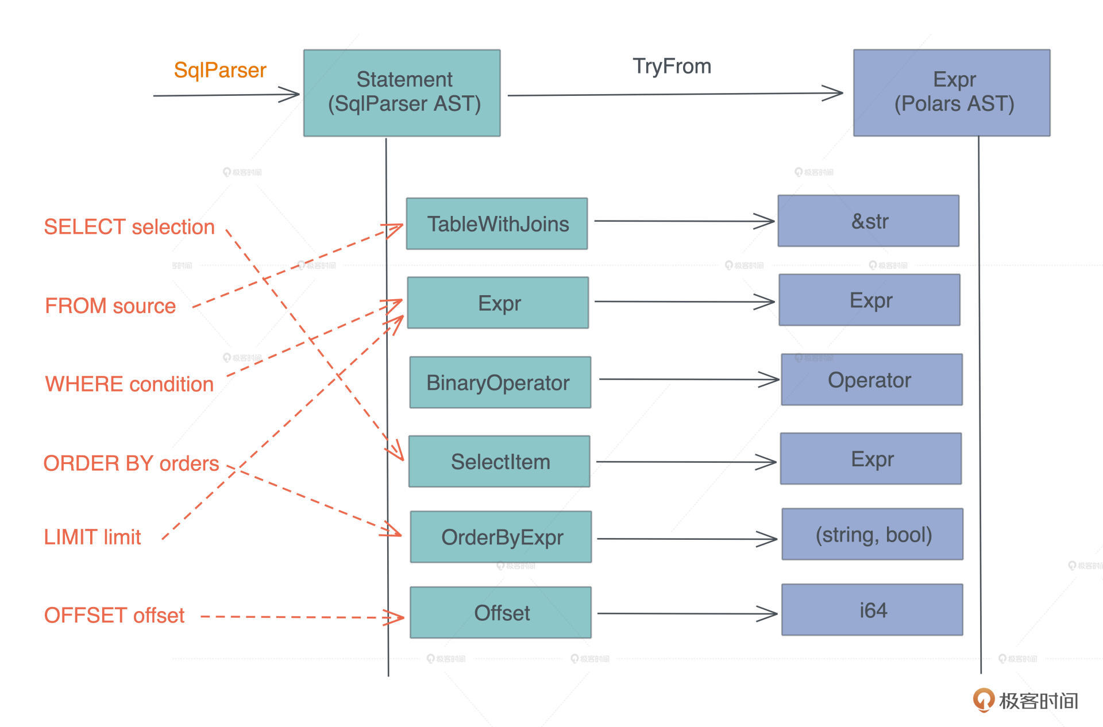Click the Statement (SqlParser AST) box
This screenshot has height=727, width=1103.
coord(402,92)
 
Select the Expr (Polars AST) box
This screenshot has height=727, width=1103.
coord(951,92)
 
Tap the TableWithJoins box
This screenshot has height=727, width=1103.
coord(497,223)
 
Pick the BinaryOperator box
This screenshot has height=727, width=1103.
coord(500,382)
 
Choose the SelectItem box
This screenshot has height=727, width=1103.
coord(499,461)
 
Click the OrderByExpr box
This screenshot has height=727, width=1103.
coord(501,537)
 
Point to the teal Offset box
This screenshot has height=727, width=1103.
coord(500,612)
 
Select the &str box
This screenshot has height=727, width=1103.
coord(868,221)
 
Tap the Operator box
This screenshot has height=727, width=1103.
coord(871,380)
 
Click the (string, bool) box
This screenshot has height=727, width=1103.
coord(872,534)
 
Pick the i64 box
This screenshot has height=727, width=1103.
coord(872,609)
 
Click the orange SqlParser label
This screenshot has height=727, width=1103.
coord(220,70)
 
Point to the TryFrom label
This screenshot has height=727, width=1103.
coord(672,66)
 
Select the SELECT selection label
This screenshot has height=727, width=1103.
coord(129,227)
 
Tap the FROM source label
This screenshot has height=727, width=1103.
coord(110,306)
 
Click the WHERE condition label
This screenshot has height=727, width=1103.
coord(129,384)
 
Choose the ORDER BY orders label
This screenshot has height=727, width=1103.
coord(131,463)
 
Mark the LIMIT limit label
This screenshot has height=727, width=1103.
coord(92,537)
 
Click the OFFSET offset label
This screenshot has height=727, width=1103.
coord(114,615)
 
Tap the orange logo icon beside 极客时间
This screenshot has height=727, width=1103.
coord(983,699)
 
